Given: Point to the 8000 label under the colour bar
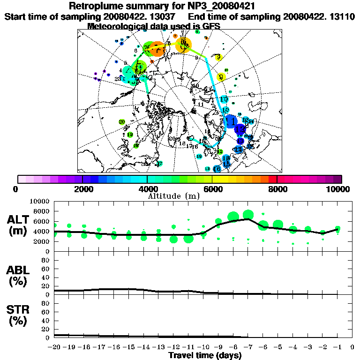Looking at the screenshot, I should point(277,189).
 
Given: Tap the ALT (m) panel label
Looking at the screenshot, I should point(18,225).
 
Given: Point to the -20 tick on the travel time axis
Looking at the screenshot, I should point(55,347).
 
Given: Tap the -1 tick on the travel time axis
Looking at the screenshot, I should point(337,347).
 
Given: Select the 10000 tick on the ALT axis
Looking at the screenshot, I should point(40,201).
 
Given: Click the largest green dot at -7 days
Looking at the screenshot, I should point(248,215).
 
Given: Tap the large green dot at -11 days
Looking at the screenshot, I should point(188,239).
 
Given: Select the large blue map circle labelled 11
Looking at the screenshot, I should point(230,121).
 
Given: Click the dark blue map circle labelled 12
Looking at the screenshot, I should point(240,128).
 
